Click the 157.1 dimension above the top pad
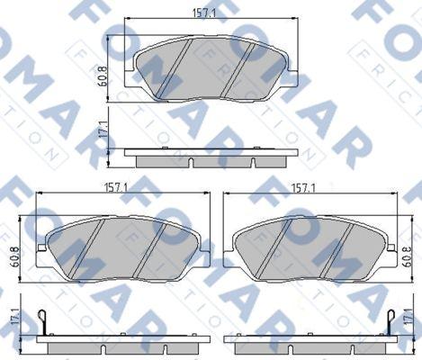[x=204, y=13]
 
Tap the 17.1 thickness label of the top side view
[x=103, y=130]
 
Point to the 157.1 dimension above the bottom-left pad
[x=116, y=188]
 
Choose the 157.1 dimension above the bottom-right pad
[x=304, y=188]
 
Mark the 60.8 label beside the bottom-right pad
[x=407, y=256]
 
